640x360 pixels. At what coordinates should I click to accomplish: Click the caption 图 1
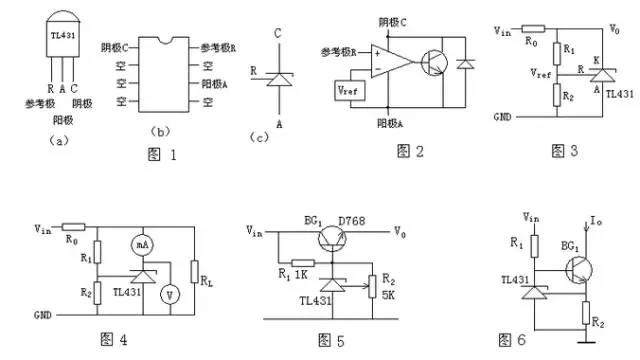click(x=159, y=154)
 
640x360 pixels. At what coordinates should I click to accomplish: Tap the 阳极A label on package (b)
click(x=219, y=84)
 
